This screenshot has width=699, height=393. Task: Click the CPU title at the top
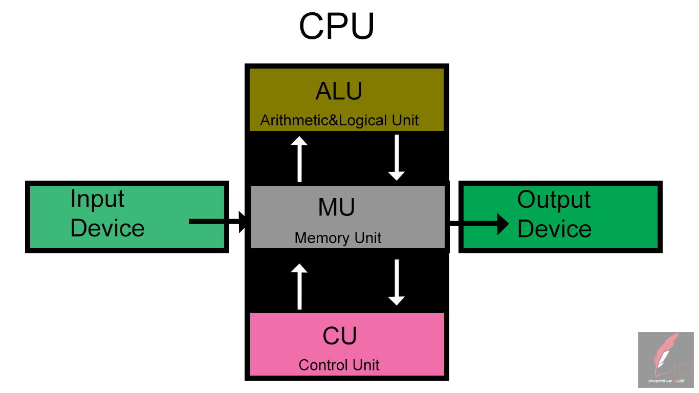(x=337, y=27)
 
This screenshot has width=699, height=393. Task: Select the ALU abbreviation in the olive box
(x=339, y=92)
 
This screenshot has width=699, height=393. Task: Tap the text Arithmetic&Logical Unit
(x=339, y=121)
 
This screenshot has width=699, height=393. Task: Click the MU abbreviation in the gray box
(x=336, y=207)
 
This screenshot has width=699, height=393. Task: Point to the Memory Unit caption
(x=338, y=238)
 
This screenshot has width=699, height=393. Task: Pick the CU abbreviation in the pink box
(x=339, y=336)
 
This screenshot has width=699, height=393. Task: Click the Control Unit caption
(x=339, y=365)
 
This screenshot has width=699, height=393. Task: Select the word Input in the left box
(x=97, y=199)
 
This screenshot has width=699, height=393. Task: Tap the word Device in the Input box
(x=107, y=228)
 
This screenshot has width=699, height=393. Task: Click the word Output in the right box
(x=554, y=199)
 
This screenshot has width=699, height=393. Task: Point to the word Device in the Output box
(x=554, y=229)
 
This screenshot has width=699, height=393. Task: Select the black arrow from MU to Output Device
(x=479, y=223)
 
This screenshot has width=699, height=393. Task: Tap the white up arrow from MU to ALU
(x=299, y=159)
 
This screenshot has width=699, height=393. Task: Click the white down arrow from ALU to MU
(x=396, y=157)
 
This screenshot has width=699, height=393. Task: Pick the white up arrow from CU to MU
(x=299, y=287)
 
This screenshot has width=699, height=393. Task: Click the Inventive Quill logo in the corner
(x=665, y=360)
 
